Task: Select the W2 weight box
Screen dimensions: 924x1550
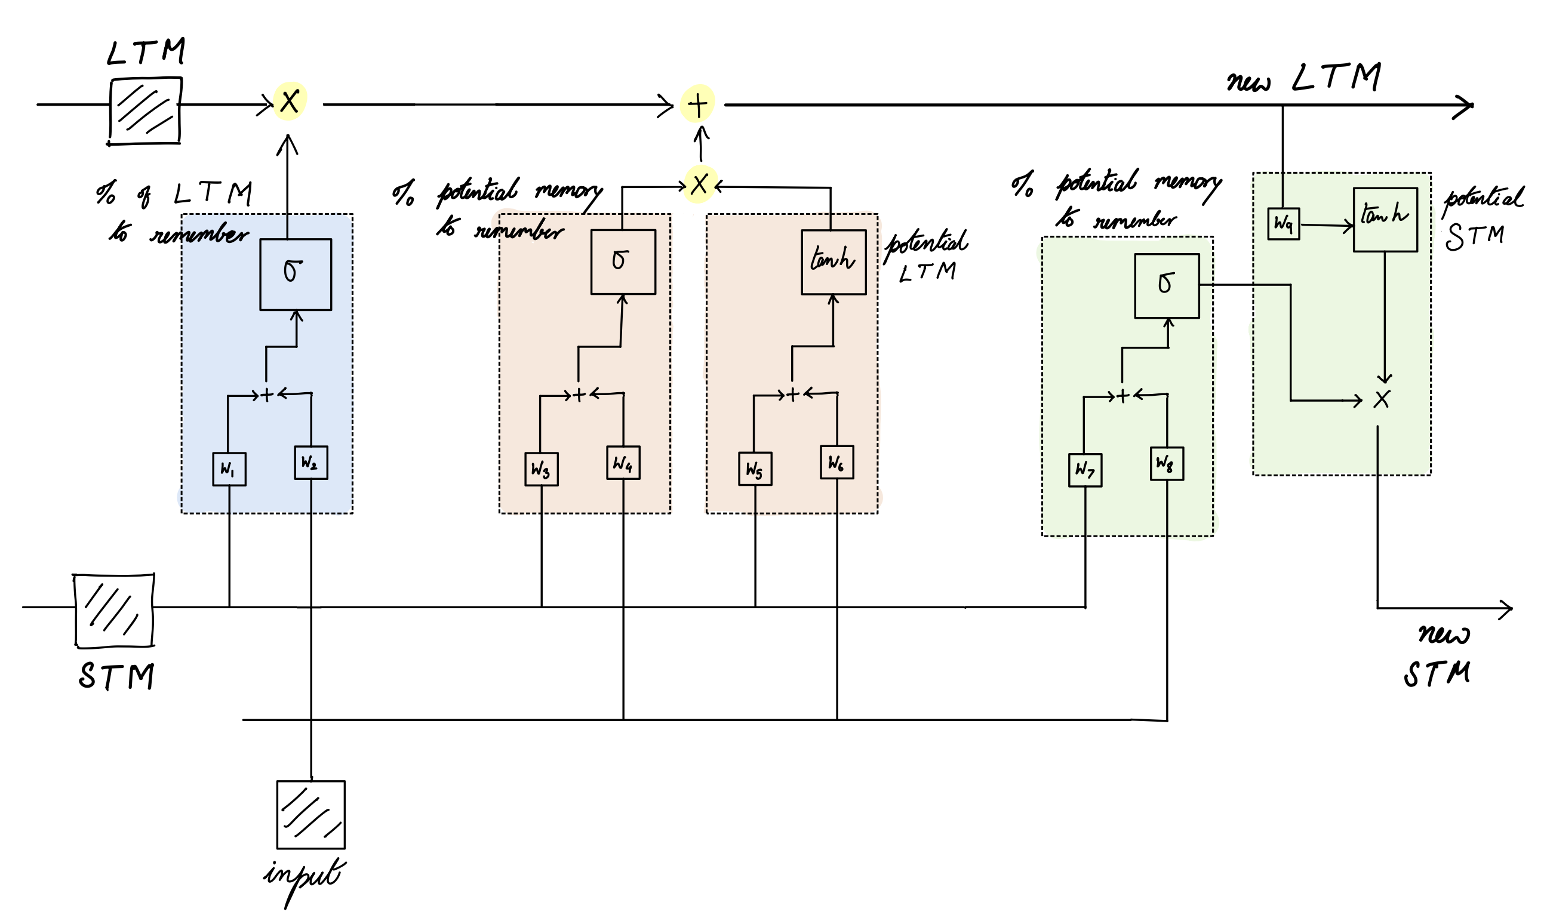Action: pos(310,463)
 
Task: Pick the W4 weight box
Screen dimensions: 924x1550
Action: pos(623,463)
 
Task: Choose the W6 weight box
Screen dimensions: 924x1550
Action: pos(836,463)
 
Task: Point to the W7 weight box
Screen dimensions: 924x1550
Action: pos(1085,470)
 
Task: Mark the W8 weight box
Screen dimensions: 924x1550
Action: pos(1167,464)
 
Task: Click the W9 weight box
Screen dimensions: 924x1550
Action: pos(1284,224)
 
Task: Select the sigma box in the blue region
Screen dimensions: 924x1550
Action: pos(295,274)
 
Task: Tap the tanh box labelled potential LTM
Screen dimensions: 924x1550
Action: pos(834,262)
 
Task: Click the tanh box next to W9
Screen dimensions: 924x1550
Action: pos(1385,220)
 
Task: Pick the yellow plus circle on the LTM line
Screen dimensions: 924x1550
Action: pos(697,104)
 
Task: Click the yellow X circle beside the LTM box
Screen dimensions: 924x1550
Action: pos(290,101)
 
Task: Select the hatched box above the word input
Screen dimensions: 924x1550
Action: pos(310,814)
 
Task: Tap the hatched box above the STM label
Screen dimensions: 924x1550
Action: pos(114,610)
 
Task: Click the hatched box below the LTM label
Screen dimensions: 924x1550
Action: pos(145,111)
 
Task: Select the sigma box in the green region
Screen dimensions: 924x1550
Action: pos(1167,286)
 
